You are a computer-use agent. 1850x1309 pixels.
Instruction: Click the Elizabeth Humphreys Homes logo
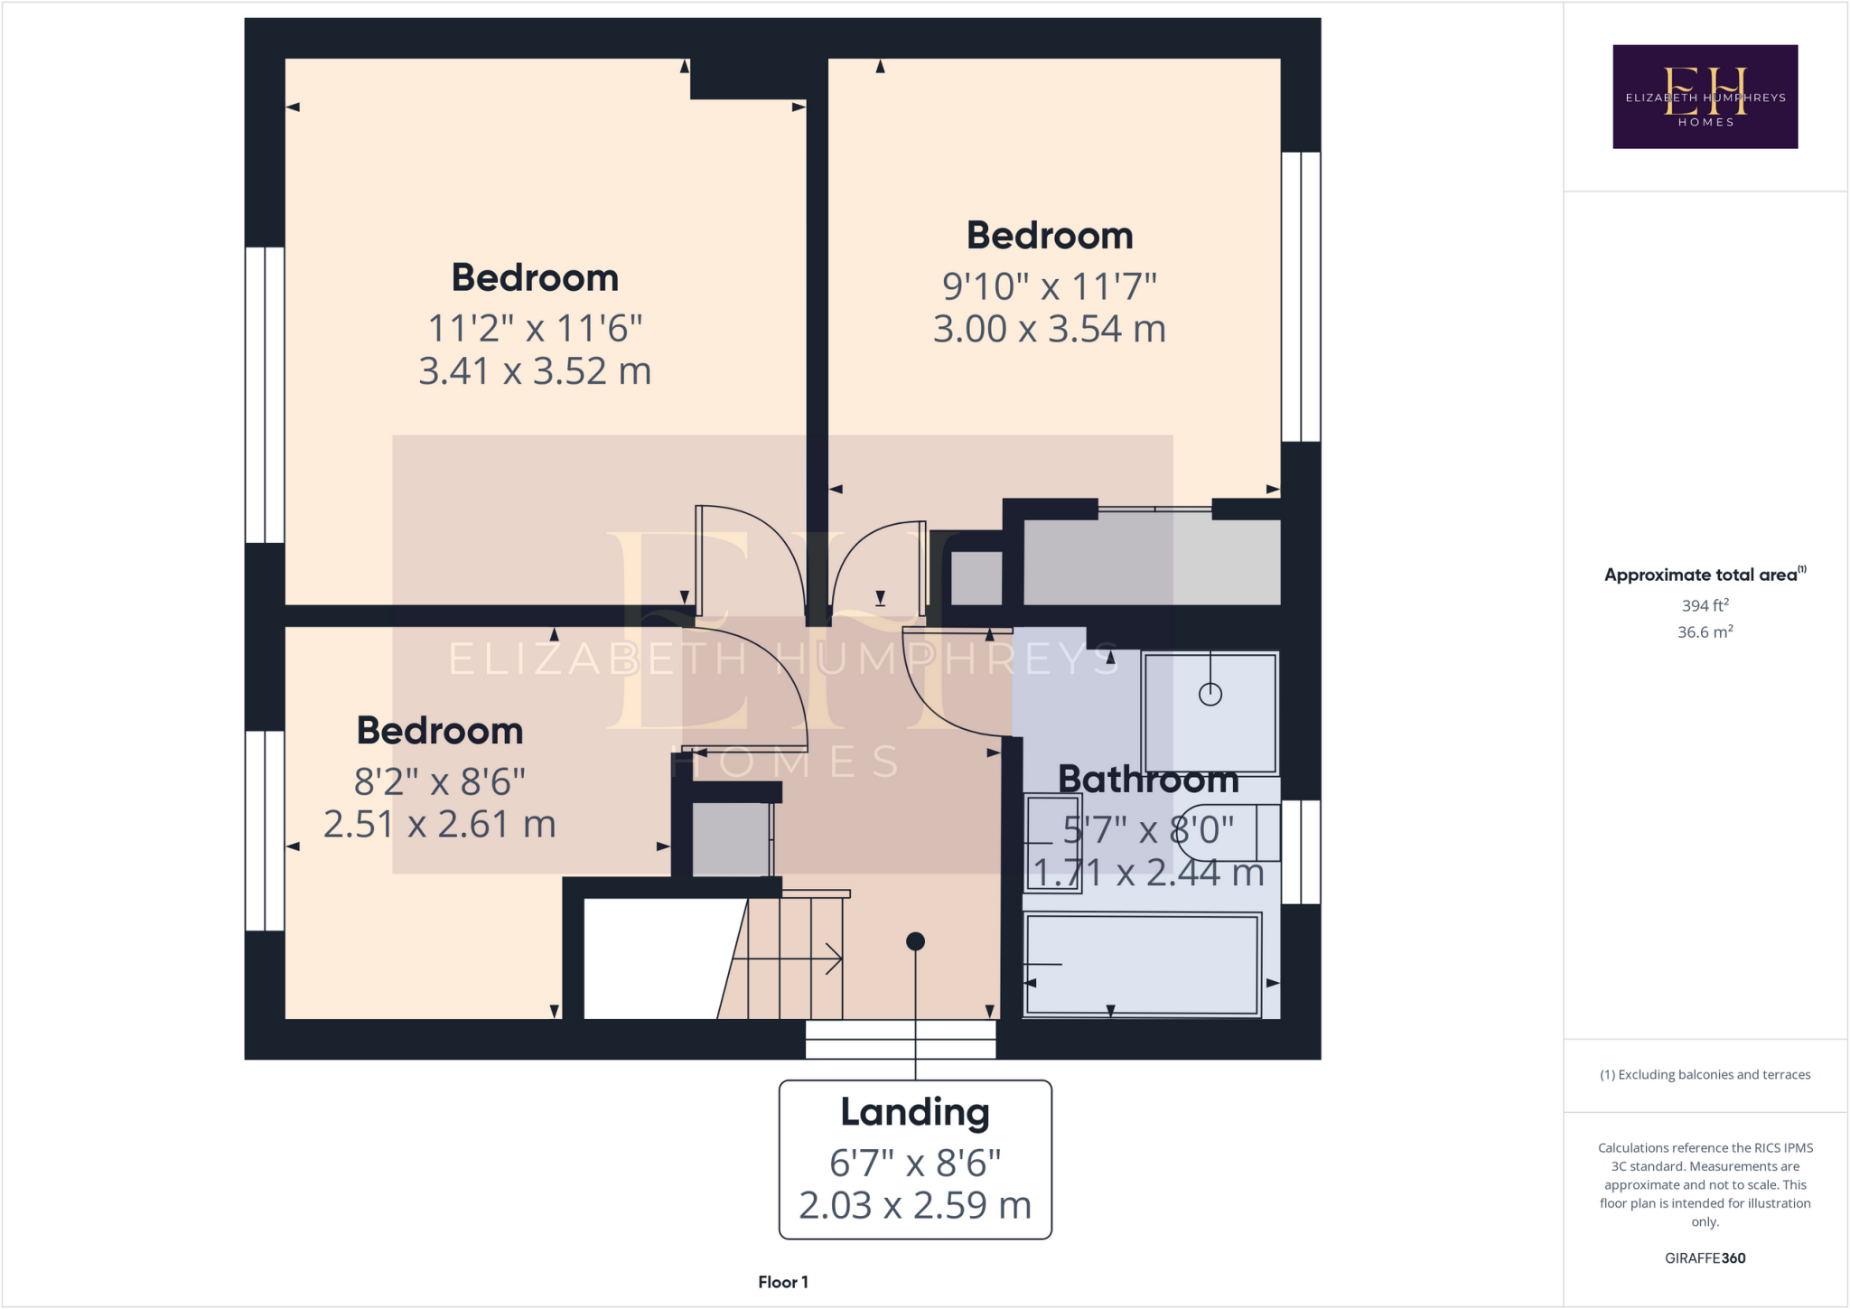pyautogui.click(x=1705, y=97)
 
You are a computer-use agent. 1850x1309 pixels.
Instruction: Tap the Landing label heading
pyautogui.click(x=914, y=1112)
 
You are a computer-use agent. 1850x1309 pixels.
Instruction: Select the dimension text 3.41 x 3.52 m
pyautogui.click(x=535, y=371)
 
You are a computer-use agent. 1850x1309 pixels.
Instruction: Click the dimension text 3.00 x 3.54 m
pyautogui.click(x=1049, y=329)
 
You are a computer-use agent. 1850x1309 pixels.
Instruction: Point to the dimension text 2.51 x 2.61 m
pyautogui.click(x=439, y=824)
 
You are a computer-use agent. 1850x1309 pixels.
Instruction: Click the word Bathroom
pyautogui.click(x=1148, y=779)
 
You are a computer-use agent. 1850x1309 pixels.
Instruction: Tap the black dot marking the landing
pyautogui.click(x=915, y=941)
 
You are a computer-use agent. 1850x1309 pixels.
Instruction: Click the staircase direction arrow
pyautogui.click(x=833, y=958)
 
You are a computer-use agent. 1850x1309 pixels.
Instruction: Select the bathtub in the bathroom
pyautogui.click(x=1142, y=964)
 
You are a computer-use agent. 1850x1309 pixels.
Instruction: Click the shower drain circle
pyautogui.click(x=1210, y=694)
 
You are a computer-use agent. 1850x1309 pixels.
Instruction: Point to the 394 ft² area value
pyautogui.click(x=1705, y=605)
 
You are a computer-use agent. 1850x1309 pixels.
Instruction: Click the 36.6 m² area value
pyautogui.click(x=1705, y=632)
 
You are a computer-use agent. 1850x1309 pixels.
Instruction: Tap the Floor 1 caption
pyautogui.click(x=782, y=1282)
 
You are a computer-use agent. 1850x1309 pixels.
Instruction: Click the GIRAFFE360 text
pyautogui.click(x=1705, y=1258)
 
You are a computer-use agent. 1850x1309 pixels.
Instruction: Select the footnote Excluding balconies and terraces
pyautogui.click(x=1705, y=1075)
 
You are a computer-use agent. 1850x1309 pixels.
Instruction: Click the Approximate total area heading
pyautogui.click(x=1702, y=575)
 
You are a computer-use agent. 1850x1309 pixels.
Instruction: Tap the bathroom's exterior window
pyautogui.click(x=1301, y=852)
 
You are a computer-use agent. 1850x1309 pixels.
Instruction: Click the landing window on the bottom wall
pyautogui.click(x=901, y=1040)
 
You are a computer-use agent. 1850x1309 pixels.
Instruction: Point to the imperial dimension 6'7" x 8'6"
pyautogui.click(x=914, y=1164)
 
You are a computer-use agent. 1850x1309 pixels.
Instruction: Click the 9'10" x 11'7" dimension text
pyautogui.click(x=1049, y=286)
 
